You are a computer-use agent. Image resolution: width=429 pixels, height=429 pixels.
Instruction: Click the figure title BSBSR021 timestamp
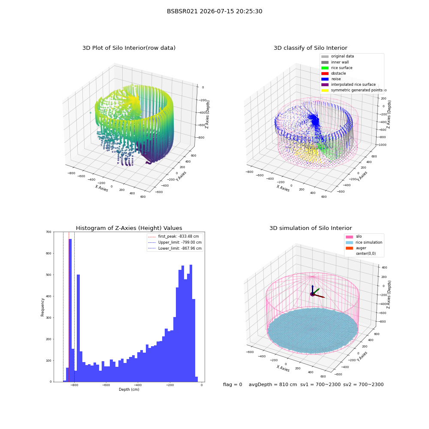pos(214,11)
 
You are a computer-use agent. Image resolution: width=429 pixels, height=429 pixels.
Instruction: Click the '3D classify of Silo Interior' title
pos(311,48)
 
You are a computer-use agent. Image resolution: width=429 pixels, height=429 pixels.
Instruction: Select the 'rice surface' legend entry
pos(337,68)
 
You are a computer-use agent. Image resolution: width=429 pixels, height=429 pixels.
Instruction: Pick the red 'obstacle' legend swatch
pos(325,73)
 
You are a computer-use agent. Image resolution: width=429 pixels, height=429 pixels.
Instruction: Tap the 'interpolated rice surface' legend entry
pos(348,85)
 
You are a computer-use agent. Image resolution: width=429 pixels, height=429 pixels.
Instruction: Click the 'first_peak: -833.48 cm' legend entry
pos(173,236)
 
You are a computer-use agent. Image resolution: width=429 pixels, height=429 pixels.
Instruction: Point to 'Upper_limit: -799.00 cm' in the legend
pos(175,242)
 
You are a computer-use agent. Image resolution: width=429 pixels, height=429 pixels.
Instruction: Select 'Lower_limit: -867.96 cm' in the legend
pos(175,248)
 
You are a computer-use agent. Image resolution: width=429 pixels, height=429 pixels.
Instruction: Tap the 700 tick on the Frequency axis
pos(49,232)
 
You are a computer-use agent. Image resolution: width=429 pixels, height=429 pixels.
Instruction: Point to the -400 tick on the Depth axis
pos(138,385)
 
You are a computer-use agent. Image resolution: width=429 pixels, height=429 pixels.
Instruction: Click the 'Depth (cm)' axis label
pos(129,390)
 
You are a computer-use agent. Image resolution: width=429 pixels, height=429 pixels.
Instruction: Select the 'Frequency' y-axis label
pos(42,307)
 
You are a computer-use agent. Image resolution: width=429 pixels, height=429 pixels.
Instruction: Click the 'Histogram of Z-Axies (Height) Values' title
pos(129,228)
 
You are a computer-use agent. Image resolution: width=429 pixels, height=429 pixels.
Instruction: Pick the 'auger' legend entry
pos(356,248)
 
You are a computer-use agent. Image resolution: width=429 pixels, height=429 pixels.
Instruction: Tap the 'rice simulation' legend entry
pos(364,242)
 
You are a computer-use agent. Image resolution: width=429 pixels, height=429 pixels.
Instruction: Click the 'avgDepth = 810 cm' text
pos(273,384)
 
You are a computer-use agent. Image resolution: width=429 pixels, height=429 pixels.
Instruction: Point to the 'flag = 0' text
pos(233,384)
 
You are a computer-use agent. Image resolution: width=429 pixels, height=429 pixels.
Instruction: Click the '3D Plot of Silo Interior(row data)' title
pos(129,48)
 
